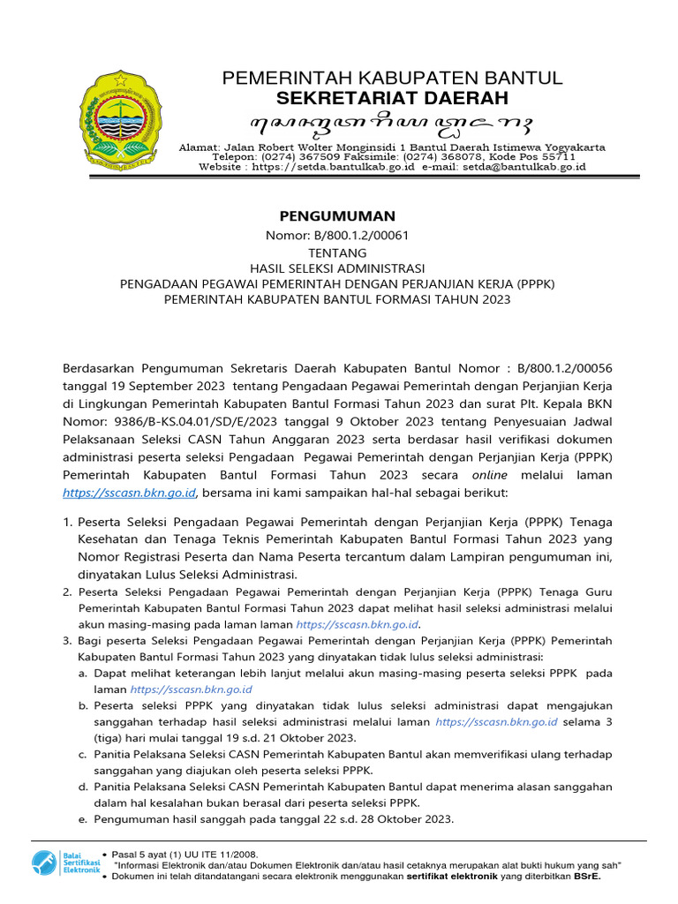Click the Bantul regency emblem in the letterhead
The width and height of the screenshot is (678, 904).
point(118,121)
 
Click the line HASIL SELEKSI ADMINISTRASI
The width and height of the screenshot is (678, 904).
point(338,268)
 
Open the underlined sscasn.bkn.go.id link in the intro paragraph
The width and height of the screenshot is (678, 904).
point(130,492)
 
